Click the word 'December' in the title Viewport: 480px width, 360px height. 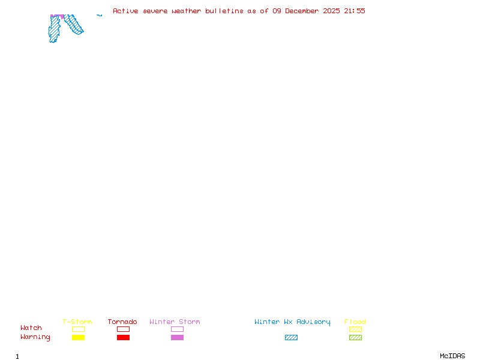click(305, 11)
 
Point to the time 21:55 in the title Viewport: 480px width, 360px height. click(355, 11)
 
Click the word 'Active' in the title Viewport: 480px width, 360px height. click(126, 11)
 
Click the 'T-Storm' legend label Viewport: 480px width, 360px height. click(77, 322)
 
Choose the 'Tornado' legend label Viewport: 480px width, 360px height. click(122, 322)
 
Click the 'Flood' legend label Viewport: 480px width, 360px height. click(355, 322)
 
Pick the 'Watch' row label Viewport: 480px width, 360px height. click(31, 328)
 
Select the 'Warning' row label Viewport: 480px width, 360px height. click(35, 337)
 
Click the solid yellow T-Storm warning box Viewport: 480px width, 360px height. click(78, 337)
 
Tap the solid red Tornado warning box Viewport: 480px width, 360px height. click(123, 337)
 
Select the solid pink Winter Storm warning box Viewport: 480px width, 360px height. click(177, 337)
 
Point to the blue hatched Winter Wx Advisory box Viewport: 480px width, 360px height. click(291, 337)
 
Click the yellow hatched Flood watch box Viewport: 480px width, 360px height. click(355, 329)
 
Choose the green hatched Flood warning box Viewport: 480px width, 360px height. click(355, 337)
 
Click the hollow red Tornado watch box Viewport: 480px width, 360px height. click(123, 329)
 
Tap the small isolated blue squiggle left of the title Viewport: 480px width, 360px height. click(100, 15)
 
